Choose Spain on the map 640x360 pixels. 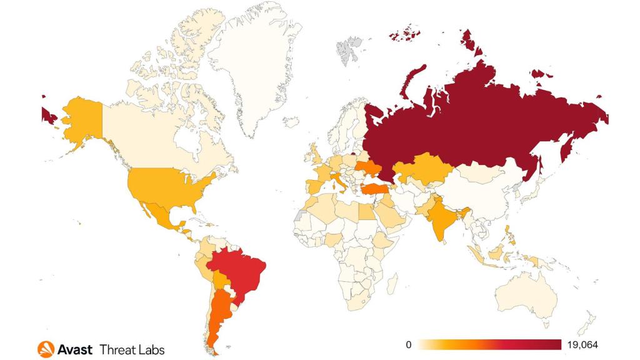point(312,186)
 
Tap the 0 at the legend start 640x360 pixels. point(408,345)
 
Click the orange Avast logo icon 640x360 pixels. point(46,349)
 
